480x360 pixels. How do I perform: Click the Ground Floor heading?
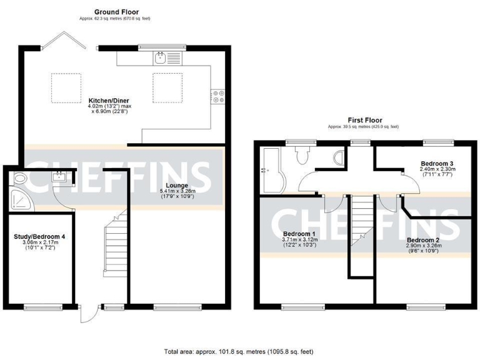click(116, 11)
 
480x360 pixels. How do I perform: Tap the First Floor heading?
click(365, 120)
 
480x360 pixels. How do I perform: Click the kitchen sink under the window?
click(161, 59)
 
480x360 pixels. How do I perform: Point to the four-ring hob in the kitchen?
click(219, 96)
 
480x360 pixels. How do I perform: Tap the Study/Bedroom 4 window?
click(43, 306)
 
